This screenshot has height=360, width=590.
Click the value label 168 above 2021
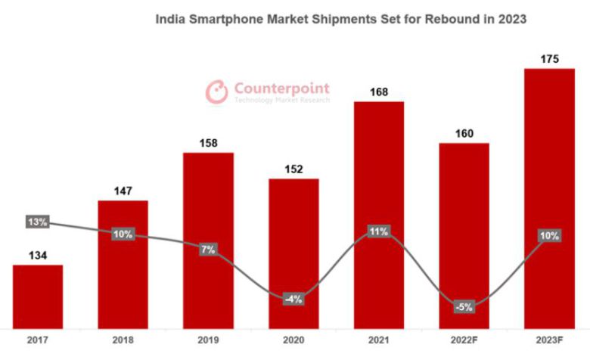[x=379, y=92]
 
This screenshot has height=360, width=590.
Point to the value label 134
[x=38, y=256]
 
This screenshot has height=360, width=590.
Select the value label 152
[x=293, y=169]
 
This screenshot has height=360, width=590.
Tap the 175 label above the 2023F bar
[x=549, y=59]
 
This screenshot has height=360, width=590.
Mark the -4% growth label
[x=293, y=299]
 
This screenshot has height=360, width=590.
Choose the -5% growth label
[x=464, y=307]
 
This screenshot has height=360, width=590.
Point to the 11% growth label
[x=379, y=231]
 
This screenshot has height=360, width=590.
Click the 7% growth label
[x=209, y=249]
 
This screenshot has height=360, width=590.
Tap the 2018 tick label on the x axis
[x=123, y=340]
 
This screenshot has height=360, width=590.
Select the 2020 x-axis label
[x=293, y=340]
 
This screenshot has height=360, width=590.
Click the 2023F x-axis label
[x=549, y=340]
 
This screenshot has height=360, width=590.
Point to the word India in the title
[x=169, y=17]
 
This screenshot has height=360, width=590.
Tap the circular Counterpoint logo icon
[x=217, y=92]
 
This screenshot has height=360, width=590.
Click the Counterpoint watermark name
[x=281, y=87]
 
